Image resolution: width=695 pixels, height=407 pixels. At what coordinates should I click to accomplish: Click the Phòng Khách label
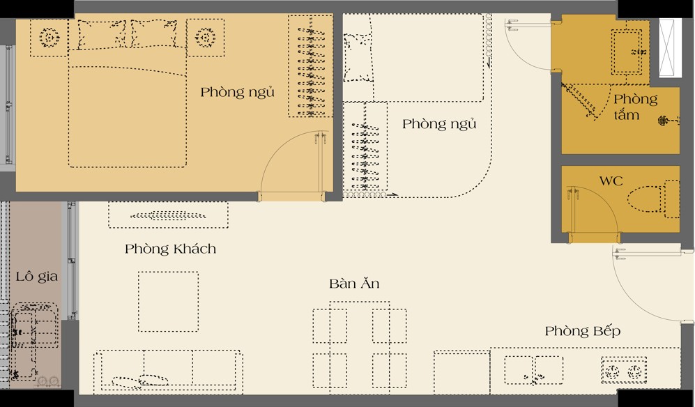(170, 249)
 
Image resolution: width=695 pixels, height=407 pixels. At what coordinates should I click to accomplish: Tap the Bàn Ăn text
(354, 284)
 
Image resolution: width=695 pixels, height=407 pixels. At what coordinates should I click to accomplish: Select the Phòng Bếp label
(582, 331)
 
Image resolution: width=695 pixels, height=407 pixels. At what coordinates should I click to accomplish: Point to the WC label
(611, 181)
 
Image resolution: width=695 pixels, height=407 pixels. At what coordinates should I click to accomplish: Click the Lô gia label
(36, 277)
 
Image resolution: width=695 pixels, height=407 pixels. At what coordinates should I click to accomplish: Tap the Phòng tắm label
(634, 107)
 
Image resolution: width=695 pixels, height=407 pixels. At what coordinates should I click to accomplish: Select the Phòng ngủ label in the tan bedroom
(237, 92)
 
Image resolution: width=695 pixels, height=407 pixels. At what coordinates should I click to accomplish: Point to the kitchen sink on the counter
(533, 369)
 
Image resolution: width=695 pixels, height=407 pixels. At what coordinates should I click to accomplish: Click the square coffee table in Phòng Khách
(168, 301)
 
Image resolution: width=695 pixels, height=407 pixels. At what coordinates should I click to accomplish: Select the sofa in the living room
(168, 369)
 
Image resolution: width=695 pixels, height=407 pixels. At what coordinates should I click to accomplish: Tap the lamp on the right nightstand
(205, 38)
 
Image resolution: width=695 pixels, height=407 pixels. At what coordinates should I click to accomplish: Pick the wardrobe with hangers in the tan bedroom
(310, 66)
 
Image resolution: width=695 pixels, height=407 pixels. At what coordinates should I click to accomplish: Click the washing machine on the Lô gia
(35, 325)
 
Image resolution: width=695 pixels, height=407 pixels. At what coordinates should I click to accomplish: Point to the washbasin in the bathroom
(627, 52)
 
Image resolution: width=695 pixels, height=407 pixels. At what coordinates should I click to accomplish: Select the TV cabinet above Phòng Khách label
(168, 215)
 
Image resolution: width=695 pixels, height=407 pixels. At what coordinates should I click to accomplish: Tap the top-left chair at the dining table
(330, 325)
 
